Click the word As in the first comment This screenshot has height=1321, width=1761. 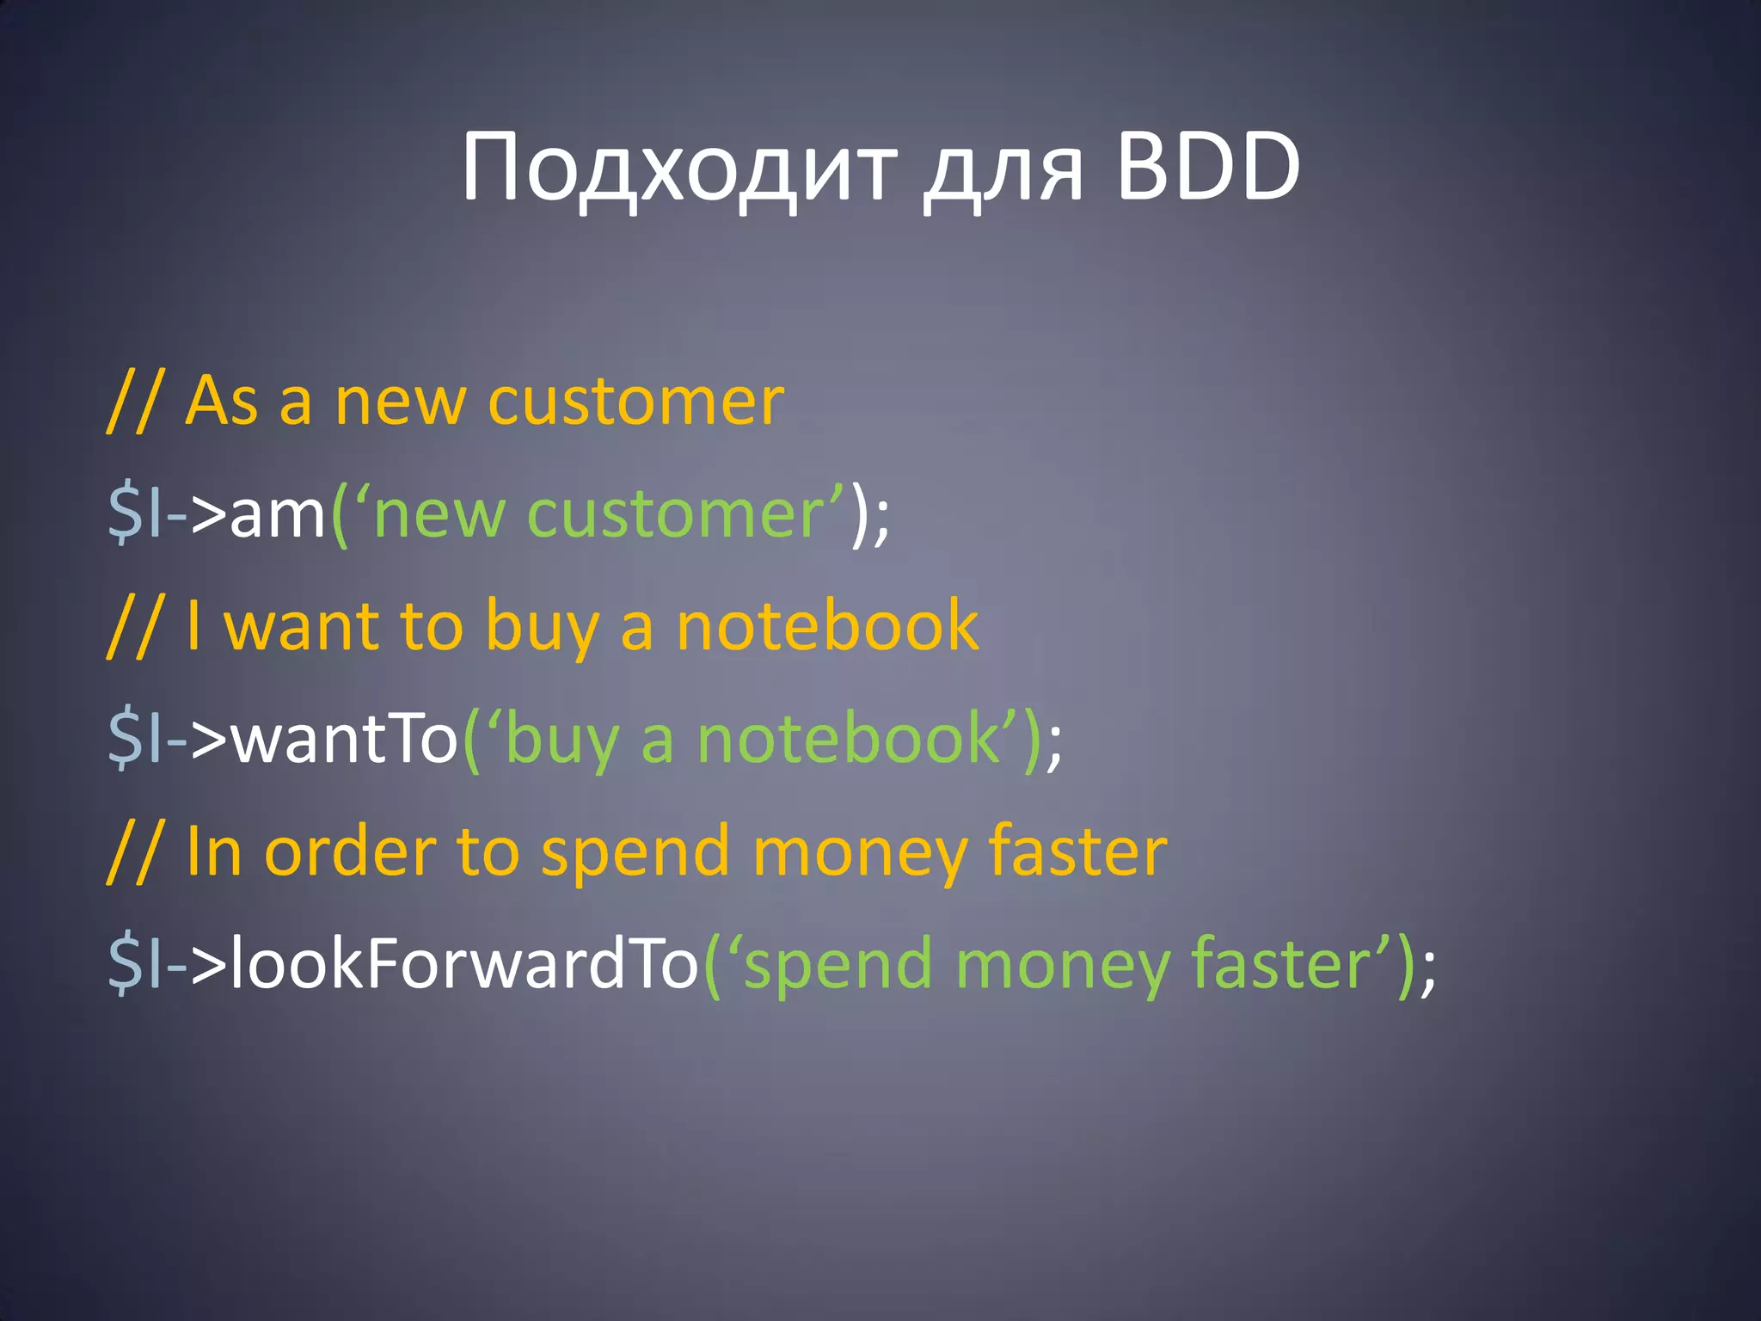coord(221,401)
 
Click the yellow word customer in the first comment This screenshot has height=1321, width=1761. coord(635,402)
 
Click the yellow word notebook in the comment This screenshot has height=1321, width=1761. coord(827,625)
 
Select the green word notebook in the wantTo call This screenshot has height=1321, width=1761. coord(847,740)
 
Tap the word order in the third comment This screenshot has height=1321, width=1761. coord(349,852)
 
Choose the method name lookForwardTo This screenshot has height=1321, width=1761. coord(463,964)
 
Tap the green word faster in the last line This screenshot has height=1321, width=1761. coord(1281,964)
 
